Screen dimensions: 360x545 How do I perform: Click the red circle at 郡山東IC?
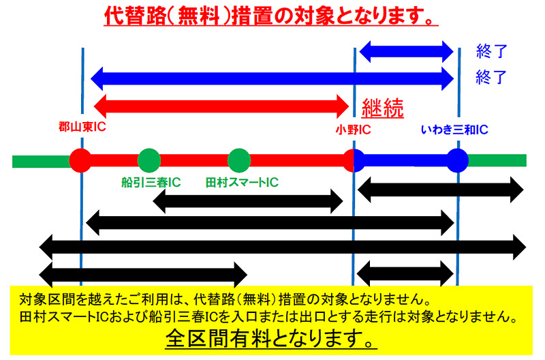(x=80, y=160)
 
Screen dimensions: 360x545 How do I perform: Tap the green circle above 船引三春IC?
(x=149, y=160)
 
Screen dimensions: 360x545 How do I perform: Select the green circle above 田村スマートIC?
(x=238, y=160)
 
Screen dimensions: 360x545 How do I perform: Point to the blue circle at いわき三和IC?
(x=457, y=160)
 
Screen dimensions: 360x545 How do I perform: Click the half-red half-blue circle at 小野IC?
(x=354, y=160)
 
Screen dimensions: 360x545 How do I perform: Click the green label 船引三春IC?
(x=151, y=182)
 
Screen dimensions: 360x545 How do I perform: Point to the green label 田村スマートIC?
(x=242, y=182)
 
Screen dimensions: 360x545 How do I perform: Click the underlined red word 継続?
(x=383, y=107)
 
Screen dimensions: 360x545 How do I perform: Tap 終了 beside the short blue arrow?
(x=492, y=51)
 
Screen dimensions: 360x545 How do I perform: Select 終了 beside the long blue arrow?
(x=492, y=77)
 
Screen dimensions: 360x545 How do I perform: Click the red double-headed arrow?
(x=221, y=106)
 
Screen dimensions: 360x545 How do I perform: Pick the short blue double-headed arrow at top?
(x=405, y=50)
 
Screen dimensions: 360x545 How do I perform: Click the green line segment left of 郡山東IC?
(x=41, y=161)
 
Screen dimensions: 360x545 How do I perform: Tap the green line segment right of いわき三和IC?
(x=497, y=160)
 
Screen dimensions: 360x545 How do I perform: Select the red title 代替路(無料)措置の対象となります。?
(x=270, y=15)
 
